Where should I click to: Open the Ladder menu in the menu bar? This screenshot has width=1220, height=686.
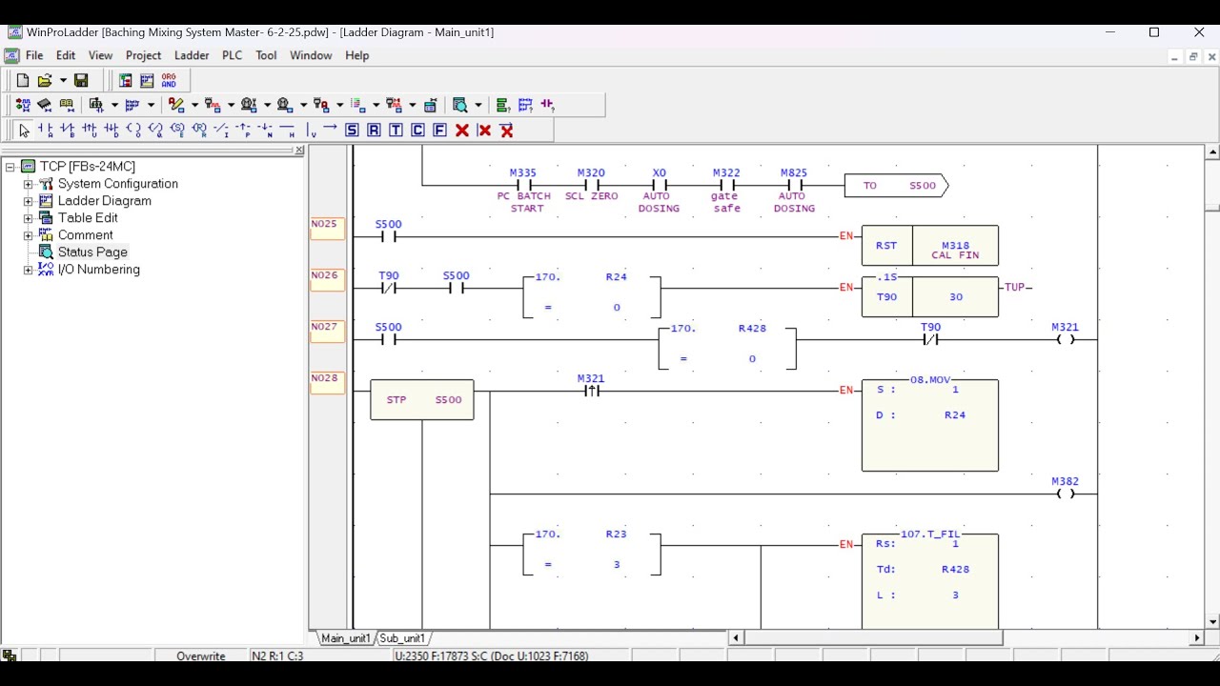pos(192,55)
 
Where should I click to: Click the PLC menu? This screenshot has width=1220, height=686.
pos(232,55)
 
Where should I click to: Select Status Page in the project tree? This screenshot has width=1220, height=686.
pos(92,252)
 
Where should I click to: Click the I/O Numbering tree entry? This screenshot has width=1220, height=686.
pos(98,270)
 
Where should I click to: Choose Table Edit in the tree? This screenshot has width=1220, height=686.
pos(88,218)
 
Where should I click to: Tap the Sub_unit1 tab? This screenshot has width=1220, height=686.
pos(403,638)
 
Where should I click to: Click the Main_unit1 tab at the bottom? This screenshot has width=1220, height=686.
pos(345,638)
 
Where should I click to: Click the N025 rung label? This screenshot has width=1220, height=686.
pos(325,225)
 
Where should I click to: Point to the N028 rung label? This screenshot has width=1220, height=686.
pos(325,378)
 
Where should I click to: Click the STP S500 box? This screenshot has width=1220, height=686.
pos(422,400)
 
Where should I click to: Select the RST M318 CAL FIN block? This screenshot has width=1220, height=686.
pos(929,246)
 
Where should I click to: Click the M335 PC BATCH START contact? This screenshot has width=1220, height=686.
pos(523,186)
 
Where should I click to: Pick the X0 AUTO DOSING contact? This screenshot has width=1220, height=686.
pos(659,186)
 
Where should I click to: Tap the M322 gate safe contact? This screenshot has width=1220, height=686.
pos(726,186)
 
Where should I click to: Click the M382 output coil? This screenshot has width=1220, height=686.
pos(1066,494)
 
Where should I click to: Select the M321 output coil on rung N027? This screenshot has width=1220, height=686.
pos(1066,339)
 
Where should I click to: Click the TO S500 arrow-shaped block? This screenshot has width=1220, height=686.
pos(896,186)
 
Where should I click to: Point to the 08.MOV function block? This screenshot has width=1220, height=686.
pos(929,425)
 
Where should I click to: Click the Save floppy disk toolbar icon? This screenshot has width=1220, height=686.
pos(81,81)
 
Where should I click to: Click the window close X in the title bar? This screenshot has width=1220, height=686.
pos(1199,32)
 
